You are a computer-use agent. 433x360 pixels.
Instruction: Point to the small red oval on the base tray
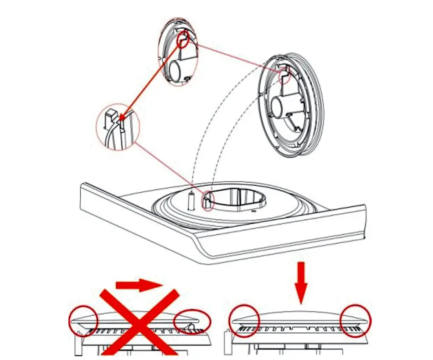207,201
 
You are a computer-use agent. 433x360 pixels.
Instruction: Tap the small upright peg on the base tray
191,200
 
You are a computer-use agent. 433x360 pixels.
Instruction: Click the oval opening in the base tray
237,200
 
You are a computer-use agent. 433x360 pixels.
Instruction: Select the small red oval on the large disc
284,75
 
